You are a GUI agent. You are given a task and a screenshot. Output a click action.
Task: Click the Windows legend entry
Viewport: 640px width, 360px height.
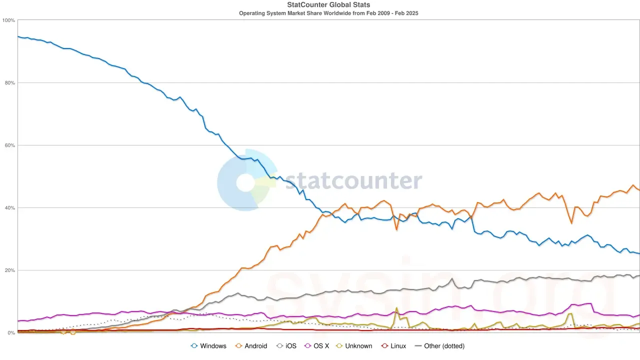209,346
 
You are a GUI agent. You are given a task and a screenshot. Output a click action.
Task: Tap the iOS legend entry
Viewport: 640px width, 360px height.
287,346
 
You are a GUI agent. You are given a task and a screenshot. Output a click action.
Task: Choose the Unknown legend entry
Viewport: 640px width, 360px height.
353,346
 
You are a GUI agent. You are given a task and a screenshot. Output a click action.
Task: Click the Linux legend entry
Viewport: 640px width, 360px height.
393,346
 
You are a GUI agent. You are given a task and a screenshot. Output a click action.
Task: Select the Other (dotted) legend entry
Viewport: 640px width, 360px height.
439,346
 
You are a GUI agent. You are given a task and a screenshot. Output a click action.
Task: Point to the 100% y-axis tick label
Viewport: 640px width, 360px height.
8,20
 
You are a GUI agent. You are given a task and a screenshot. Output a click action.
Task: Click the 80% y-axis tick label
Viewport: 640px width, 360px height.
9,83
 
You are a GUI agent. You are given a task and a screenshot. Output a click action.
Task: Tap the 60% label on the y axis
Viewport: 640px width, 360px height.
9,145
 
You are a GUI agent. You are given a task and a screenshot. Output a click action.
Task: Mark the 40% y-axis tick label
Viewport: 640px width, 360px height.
9,208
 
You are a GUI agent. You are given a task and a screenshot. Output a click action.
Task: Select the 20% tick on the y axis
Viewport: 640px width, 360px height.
9,270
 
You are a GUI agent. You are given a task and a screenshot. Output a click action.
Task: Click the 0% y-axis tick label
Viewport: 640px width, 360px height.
11,333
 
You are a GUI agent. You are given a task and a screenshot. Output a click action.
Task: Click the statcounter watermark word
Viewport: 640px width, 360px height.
353,180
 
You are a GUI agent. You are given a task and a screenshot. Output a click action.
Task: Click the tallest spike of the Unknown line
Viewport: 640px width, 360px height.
396,308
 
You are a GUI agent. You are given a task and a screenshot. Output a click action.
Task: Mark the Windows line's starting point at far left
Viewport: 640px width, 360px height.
18,36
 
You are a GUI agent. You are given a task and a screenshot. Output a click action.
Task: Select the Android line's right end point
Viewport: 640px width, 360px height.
639,190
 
